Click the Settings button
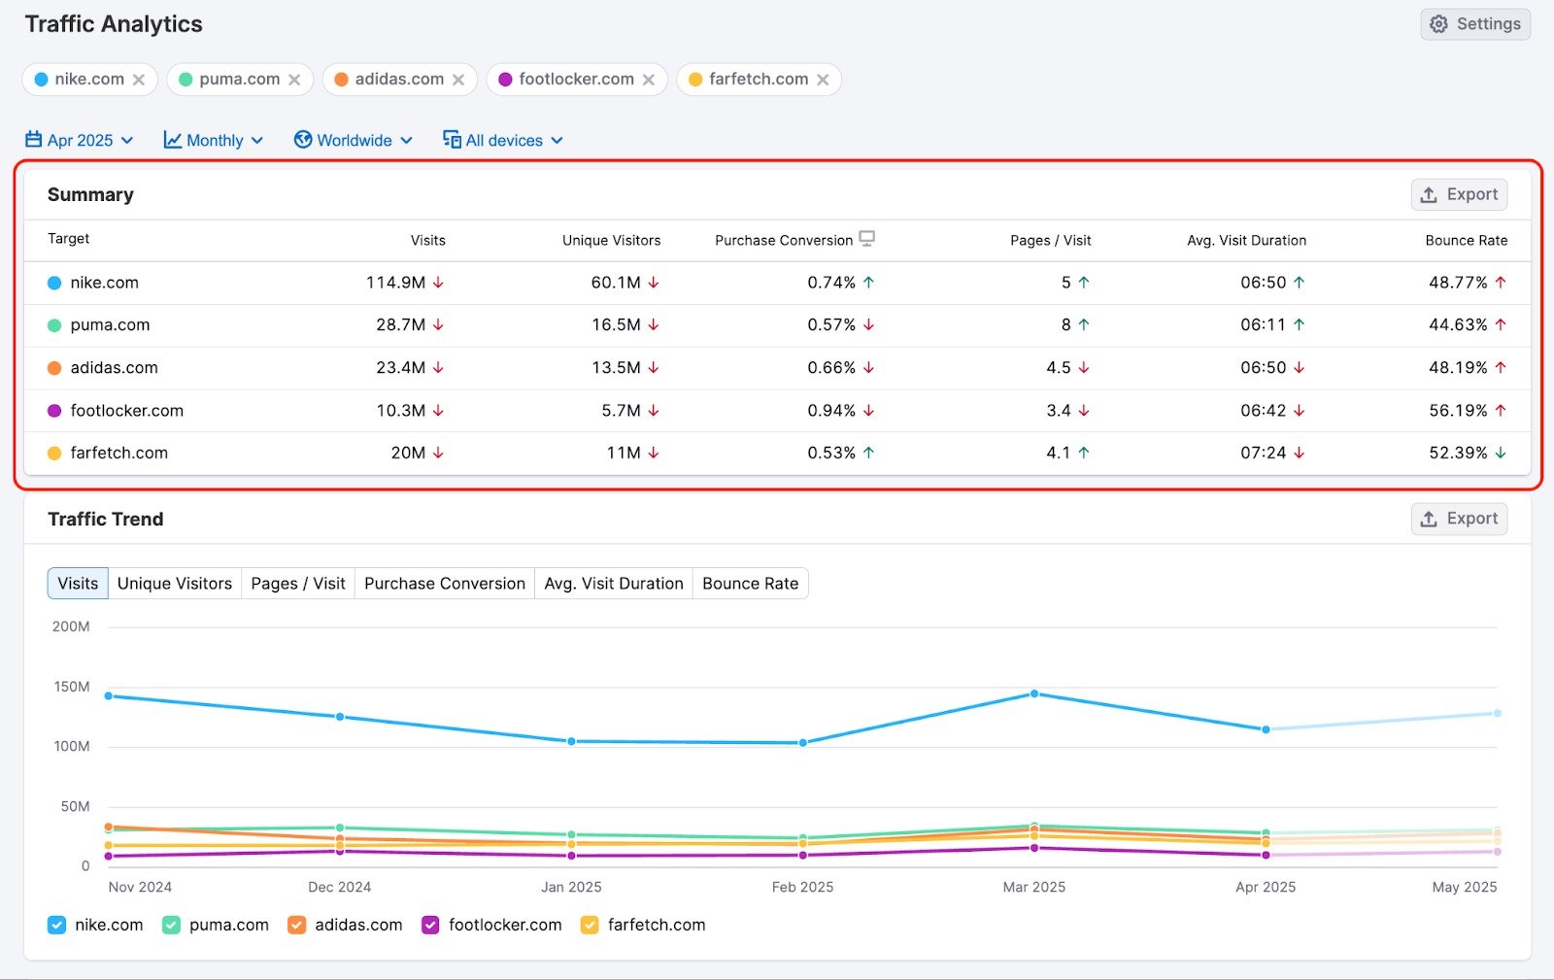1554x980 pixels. click(1475, 24)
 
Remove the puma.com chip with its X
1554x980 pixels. click(294, 80)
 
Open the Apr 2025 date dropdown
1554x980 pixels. click(80, 140)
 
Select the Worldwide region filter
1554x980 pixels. click(354, 140)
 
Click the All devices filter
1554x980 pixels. click(503, 140)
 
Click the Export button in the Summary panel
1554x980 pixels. click(1459, 194)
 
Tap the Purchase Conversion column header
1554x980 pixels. click(784, 240)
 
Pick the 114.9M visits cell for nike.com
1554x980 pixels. click(395, 283)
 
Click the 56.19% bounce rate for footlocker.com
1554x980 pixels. click(1458, 411)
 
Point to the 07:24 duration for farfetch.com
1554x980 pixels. click(1263, 453)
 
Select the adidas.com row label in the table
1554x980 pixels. click(114, 368)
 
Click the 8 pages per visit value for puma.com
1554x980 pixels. click(1065, 325)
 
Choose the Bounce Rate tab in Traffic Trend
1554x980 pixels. click(750, 584)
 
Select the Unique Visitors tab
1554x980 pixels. click(175, 584)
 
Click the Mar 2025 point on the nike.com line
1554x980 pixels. click(1034, 693)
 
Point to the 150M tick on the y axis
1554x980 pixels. click(71, 687)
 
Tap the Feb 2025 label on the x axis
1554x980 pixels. click(802, 887)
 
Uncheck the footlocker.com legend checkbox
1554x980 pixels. click(430, 925)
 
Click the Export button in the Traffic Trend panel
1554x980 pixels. click(1459, 519)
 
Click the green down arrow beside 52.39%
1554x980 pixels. click(1501, 453)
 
